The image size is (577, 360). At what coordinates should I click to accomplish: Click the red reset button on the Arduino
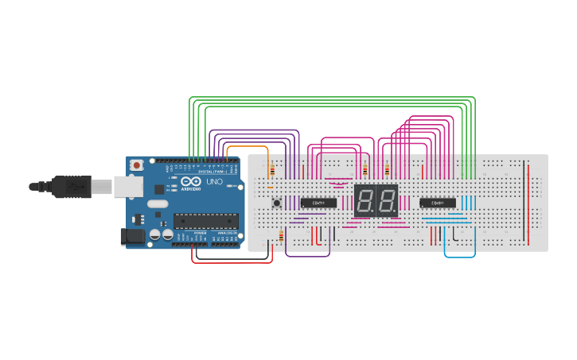click(x=137, y=165)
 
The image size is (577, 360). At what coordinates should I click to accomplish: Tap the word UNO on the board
click(x=215, y=182)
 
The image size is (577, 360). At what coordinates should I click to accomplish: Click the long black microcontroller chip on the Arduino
click(x=205, y=220)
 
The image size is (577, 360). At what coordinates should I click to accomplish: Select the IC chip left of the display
click(x=318, y=203)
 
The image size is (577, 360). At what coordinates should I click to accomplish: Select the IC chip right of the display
click(x=438, y=203)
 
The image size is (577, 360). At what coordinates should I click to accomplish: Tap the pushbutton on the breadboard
click(x=277, y=203)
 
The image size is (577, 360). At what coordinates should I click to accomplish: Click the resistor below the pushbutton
click(x=281, y=235)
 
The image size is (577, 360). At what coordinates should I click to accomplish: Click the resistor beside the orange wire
click(x=272, y=170)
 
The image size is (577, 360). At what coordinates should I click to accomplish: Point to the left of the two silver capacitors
click(x=156, y=234)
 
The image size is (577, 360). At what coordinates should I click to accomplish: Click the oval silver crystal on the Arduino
click(x=158, y=204)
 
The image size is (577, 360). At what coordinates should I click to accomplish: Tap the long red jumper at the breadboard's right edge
click(x=527, y=203)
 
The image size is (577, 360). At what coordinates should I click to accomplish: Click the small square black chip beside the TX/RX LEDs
click(x=159, y=189)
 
